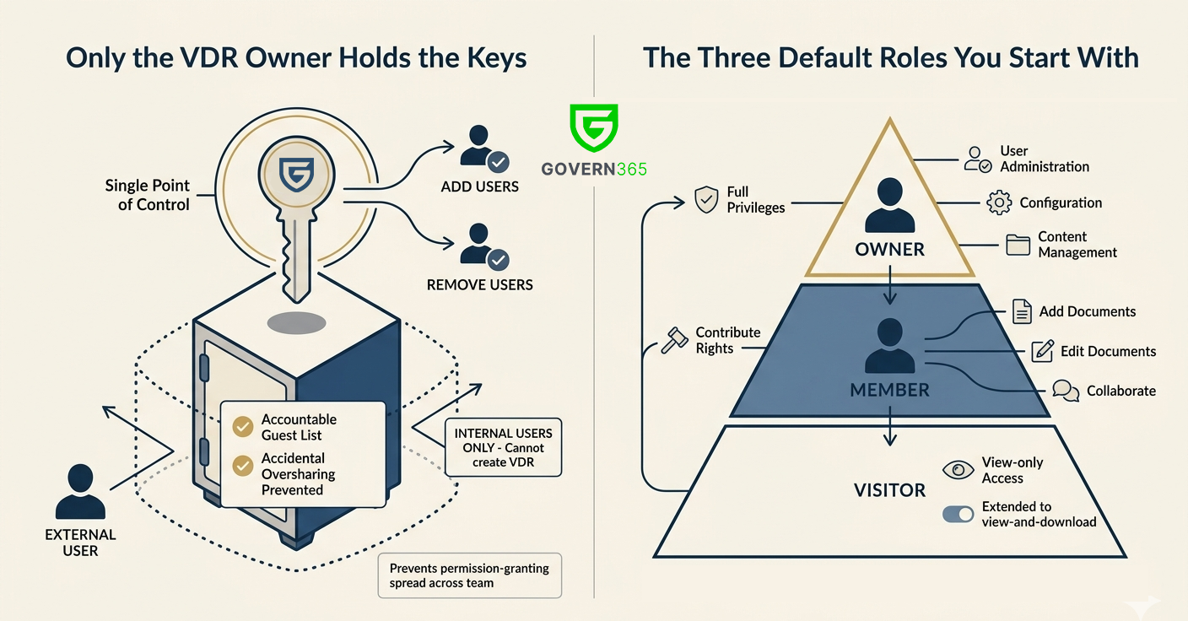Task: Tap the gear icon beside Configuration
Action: pos(998,202)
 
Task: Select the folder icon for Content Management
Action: pos(1018,245)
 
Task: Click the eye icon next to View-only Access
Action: pos(958,470)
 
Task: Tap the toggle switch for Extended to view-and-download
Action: pos(958,514)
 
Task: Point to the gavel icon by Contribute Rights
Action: pos(674,340)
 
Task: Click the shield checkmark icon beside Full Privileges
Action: pos(705,200)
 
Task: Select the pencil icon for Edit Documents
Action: pos(1043,351)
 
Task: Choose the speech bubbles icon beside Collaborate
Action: pos(1066,391)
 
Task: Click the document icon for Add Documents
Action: pos(1022,311)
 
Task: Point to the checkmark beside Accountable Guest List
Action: pos(243,427)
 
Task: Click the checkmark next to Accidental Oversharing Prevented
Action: pos(243,465)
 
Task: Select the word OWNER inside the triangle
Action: pos(889,250)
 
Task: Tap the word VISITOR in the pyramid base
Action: pos(889,490)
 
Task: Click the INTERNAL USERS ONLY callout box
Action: pos(503,447)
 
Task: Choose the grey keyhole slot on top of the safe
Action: pos(296,323)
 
